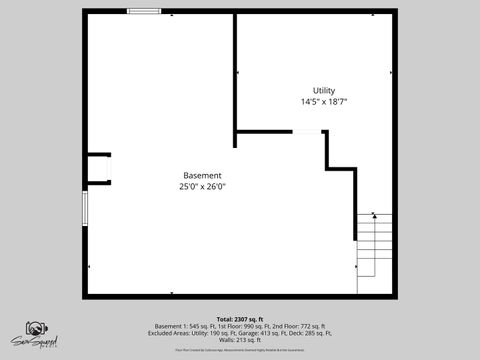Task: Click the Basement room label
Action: click(202, 175)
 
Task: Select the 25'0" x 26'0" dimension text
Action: click(202, 186)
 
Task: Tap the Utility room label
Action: click(324, 91)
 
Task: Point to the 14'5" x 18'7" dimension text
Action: click(324, 102)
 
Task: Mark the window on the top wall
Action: click(145, 11)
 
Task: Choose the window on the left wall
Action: click(84, 209)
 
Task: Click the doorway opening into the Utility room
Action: click(307, 131)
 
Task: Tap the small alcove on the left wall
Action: click(97, 168)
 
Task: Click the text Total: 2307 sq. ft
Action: click(240, 318)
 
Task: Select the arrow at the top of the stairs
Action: click(374, 214)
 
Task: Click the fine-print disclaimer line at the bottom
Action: click(240, 350)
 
